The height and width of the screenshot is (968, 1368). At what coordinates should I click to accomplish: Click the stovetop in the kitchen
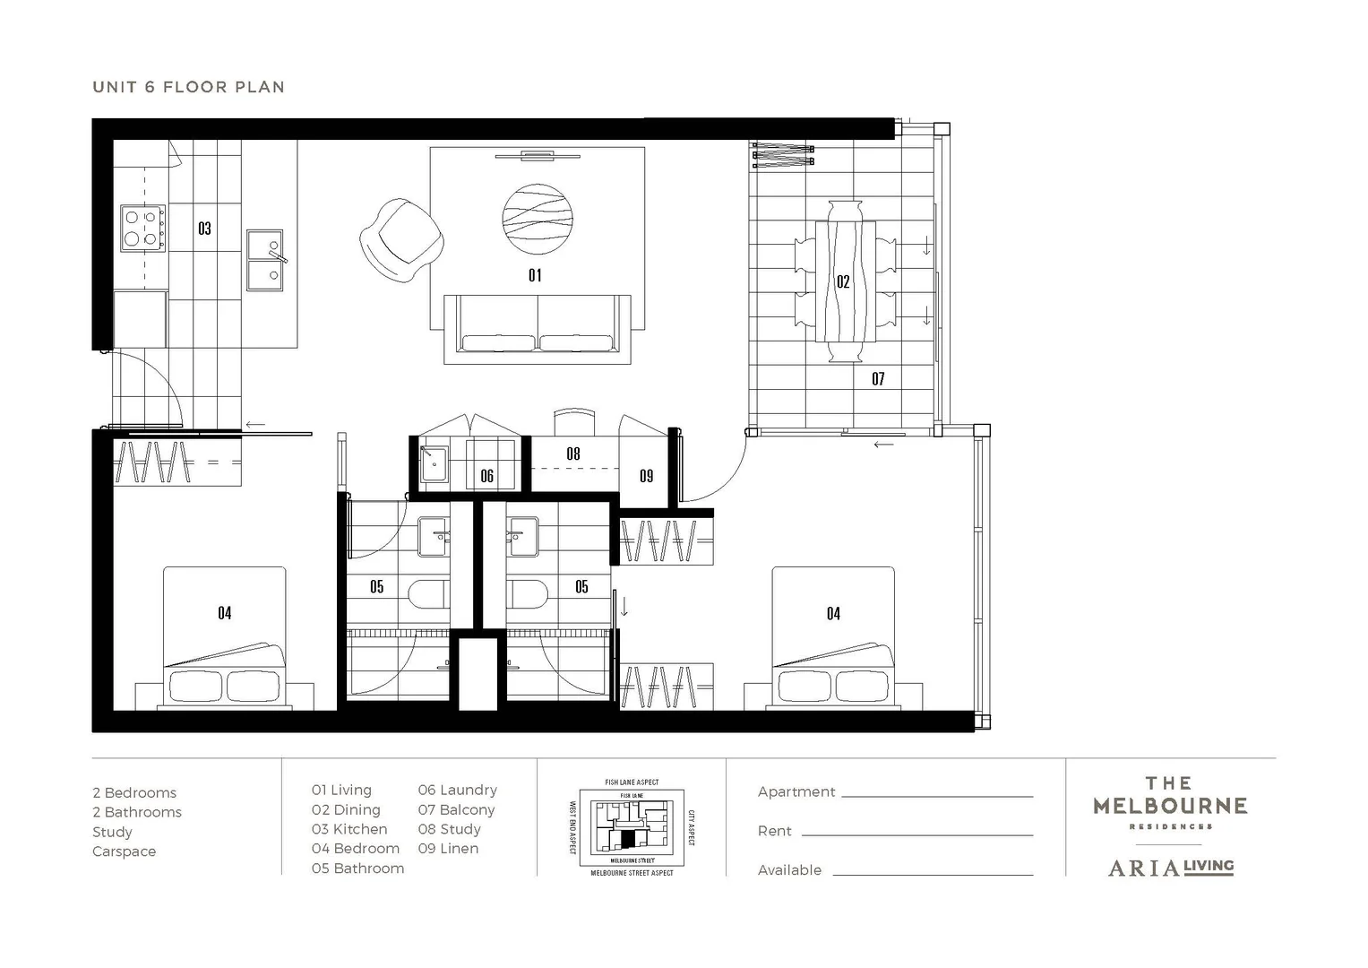click(x=143, y=228)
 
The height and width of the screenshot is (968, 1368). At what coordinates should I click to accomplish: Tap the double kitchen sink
click(x=265, y=260)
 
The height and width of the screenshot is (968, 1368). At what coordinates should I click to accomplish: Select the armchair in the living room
click(x=401, y=240)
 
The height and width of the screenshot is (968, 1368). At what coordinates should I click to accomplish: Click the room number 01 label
click(x=535, y=275)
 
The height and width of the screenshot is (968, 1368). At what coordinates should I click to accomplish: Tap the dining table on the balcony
click(x=845, y=281)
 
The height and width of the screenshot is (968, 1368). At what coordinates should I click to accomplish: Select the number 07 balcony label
click(x=878, y=379)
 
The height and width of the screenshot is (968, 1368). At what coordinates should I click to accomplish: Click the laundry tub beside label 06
click(x=434, y=463)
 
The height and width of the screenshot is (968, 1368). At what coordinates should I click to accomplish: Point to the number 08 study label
click(x=573, y=454)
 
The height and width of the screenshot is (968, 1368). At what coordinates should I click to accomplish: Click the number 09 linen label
click(x=646, y=476)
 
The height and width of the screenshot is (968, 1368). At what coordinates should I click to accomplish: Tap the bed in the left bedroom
click(x=224, y=636)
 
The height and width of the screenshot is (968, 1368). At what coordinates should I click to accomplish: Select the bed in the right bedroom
click(x=833, y=636)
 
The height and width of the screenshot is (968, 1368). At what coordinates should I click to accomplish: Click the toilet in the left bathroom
click(x=427, y=594)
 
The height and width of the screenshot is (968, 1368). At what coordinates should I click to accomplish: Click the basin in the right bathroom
click(x=522, y=536)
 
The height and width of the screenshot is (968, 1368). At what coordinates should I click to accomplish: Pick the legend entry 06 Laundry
click(x=457, y=790)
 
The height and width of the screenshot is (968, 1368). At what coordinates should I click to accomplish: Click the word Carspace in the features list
click(x=124, y=851)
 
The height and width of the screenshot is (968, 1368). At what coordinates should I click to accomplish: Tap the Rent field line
click(x=916, y=834)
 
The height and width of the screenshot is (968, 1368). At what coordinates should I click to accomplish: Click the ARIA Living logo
click(x=1170, y=867)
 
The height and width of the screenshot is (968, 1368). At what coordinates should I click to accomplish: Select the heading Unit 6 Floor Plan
click(x=188, y=87)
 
